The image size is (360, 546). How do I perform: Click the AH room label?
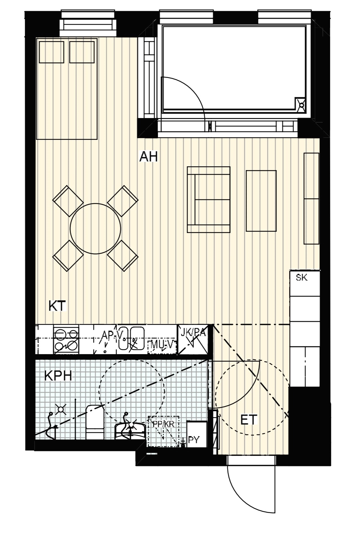[148, 156]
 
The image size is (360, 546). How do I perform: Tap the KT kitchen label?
[58, 306]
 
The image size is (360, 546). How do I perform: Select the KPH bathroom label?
[58, 376]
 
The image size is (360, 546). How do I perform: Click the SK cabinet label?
[302, 277]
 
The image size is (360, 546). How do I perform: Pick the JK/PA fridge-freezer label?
[193, 332]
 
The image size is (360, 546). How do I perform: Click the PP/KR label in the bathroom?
[163, 424]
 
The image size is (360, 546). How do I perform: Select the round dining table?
[96, 229]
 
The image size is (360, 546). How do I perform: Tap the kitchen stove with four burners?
[66, 339]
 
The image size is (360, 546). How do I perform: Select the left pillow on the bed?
[52, 52]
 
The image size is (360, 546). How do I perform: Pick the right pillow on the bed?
[82, 52]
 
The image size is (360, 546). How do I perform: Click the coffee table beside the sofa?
[261, 201]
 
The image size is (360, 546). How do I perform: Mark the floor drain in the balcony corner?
[301, 105]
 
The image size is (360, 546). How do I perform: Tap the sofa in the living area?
[209, 200]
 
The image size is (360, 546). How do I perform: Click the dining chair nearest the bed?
[68, 201]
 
